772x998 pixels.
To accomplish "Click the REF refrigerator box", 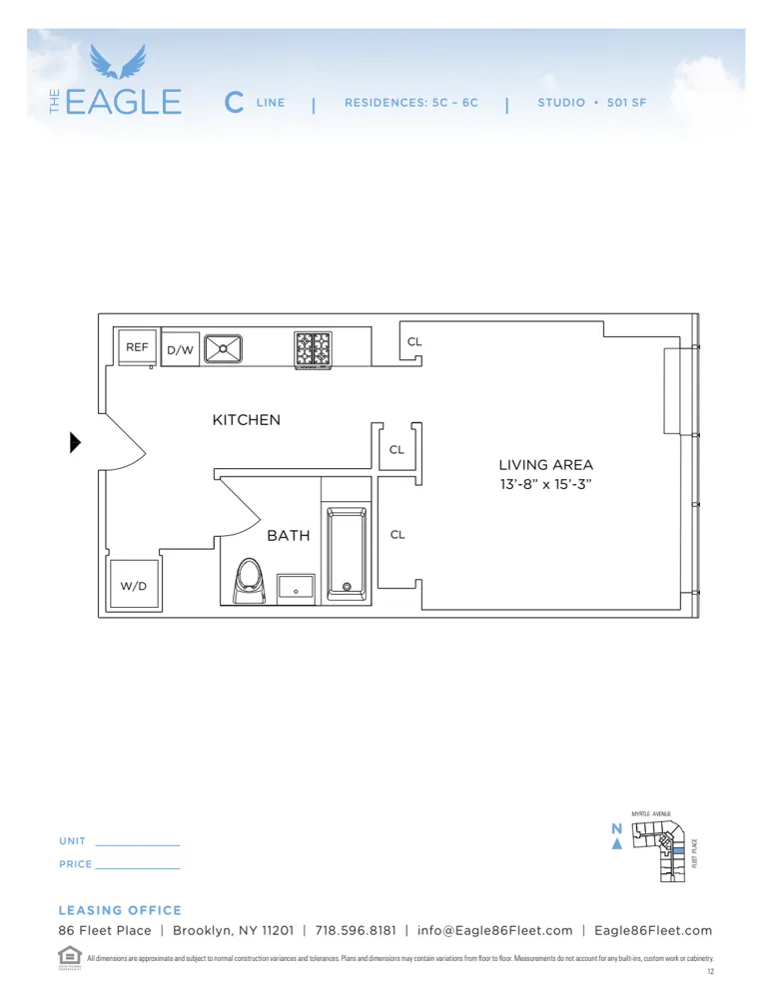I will [136, 347].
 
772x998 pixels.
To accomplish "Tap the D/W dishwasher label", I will [180, 350].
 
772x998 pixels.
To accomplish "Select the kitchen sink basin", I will [224, 348].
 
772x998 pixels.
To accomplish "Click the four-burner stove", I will [313, 349].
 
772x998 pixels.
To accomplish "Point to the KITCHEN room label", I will [246, 420].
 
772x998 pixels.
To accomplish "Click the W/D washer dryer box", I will [134, 585].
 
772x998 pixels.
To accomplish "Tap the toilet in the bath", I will [248, 580].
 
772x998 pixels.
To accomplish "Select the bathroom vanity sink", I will [296, 588].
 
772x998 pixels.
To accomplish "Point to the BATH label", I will [288, 536].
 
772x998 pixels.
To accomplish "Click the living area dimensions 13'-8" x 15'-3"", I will [546, 485].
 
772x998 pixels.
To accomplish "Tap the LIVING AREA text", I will [546, 465].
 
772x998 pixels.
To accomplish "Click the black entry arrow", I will [75, 442].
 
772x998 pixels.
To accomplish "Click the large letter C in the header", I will [234, 102].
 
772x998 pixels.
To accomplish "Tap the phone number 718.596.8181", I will [355, 930].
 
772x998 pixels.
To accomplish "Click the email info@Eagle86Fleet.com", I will [494, 930].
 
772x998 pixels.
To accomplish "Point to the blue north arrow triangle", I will [617, 844].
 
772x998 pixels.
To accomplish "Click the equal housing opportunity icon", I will [68, 955].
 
